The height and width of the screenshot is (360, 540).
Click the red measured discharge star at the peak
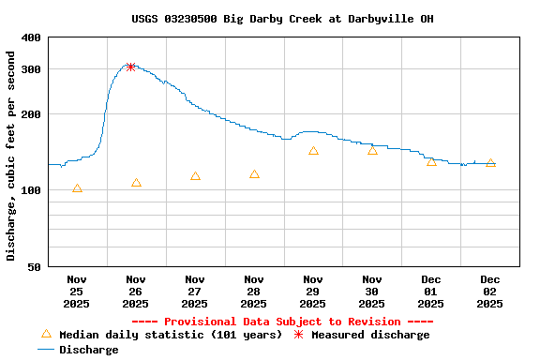(x=131, y=67)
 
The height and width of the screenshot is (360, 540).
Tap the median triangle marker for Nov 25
(x=77, y=188)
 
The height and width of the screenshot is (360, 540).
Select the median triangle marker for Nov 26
(x=136, y=183)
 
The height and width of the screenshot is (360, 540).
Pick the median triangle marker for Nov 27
(x=195, y=176)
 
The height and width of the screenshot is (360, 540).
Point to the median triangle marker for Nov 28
(x=254, y=174)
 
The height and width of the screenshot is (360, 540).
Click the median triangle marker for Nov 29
(x=313, y=151)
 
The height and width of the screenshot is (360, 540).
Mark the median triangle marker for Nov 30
(x=372, y=151)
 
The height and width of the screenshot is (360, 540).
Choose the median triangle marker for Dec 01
(x=431, y=162)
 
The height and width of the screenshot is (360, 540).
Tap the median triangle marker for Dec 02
(x=490, y=163)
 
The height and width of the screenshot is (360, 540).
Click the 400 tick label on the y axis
(x=31, y=37)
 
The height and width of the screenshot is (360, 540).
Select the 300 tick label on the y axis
(x=31, y=69)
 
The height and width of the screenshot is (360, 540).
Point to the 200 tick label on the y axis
(x=31, y=114)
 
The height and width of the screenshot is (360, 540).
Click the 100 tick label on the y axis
(x=31, y=190)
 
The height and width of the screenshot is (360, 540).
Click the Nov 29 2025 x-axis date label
(x=313, y=291)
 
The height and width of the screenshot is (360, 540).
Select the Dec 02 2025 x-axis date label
(x=490, y=291)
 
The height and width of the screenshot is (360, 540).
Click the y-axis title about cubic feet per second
(x=11, y=155)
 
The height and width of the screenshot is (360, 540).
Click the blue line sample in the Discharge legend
(x=47, y=350)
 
